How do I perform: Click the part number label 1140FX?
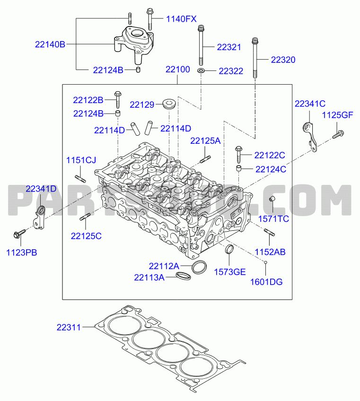pyautogui.click(x=181, y=19)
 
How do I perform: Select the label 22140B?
pyautogui.click(x=50, y=44)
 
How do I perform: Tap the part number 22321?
pyautogui.click(x=229, y=47)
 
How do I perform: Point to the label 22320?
pyautogui.click(x=283, y=60)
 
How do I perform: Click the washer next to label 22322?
pyautogui.click(x=201, y=70)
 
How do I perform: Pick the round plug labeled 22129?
pyautogui.click(x=169, y=104)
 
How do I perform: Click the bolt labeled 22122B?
pyautogui.click(x=118, y=99)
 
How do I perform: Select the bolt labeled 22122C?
pyautogui.click(x=238, y=154)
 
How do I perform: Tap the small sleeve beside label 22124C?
pyautogui.click(x=239, y=169)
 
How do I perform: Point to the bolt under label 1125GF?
pyautogui.click(x=338, y=134)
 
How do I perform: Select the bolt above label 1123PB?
pyautogui.click(x=19, y=233)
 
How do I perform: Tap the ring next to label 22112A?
pyautogui.click(x=199, y=267)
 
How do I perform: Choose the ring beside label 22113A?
pyautogui.click(x=183, y=276)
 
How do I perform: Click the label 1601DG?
pyautogui.click(x=266, y=282)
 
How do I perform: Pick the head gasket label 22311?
pyautogui.click(x=69, y=327)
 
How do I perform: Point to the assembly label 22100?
pyautogui.click(x=178, y=70)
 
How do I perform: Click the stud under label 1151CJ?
pyautogui.click(x=80, y=178)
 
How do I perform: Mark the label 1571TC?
pyautogui.click(x=273, y=219)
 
